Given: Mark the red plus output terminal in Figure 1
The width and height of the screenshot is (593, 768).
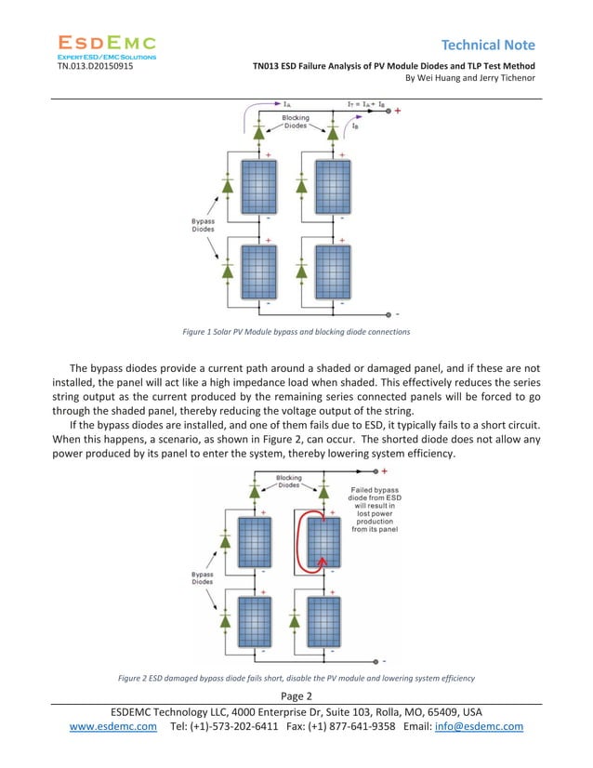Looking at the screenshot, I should click(x=398, y=112).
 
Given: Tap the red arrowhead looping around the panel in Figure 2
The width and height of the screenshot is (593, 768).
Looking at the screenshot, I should click(x=323, y=560).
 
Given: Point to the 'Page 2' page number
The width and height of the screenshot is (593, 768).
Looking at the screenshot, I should click(x=295, y=695).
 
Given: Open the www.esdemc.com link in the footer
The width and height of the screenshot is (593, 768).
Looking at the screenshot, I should click(x=113, y=726).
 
